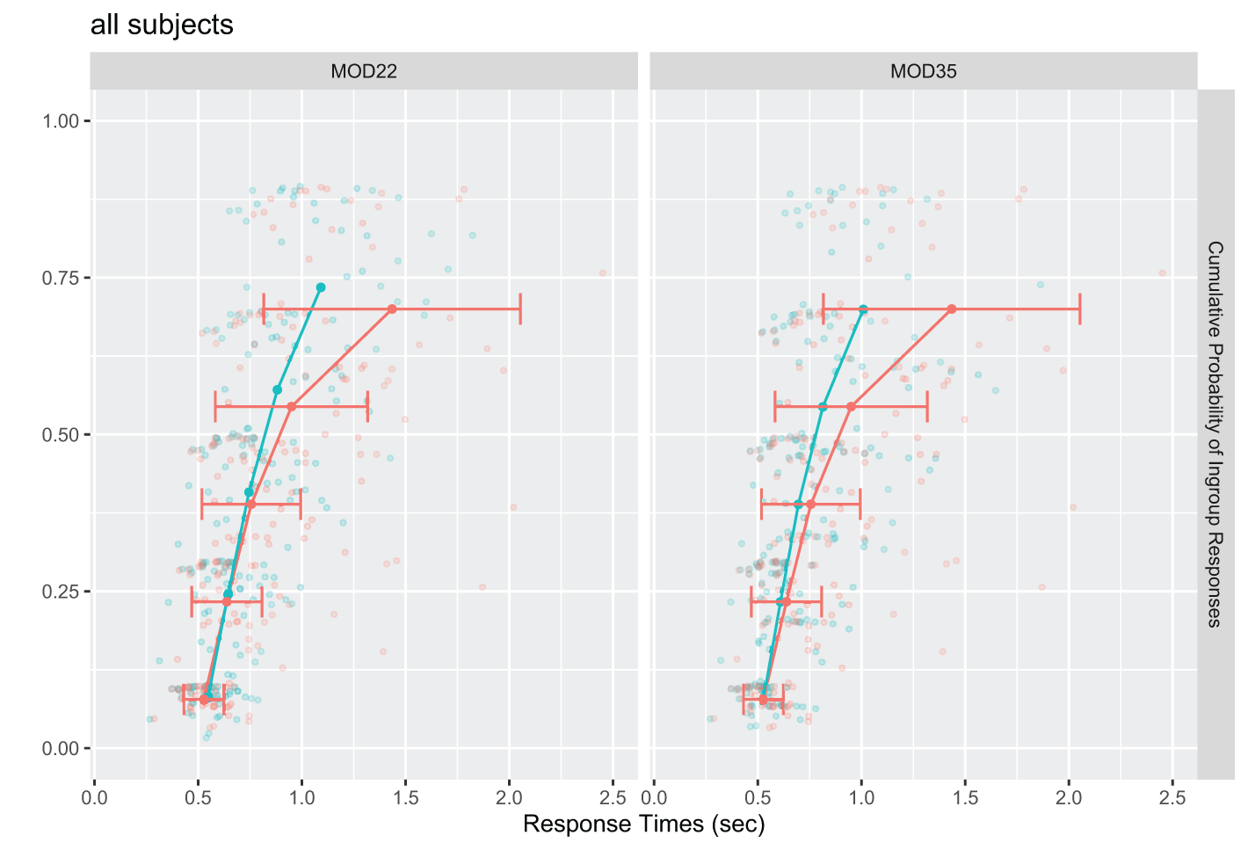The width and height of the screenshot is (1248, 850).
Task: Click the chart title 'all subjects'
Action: coord(162,25)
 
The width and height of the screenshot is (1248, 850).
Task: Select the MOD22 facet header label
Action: coord(364,71)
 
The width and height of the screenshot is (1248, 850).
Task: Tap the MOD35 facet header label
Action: coord(923,71)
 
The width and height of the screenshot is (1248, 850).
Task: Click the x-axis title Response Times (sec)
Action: coord(643,825)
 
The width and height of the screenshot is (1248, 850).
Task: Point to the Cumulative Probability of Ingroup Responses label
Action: coord(1215,434)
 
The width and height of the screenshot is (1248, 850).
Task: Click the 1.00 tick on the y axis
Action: coord(61,121)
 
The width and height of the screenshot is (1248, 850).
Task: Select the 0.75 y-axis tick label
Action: coord(61,278)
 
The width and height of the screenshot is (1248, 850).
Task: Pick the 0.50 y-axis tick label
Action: coord(61,435)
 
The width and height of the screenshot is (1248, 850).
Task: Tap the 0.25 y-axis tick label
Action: coord(61,592)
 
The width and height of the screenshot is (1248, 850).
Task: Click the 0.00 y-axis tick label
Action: coord(61,748)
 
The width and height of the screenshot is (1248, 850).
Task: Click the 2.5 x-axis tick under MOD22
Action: coord(613,798)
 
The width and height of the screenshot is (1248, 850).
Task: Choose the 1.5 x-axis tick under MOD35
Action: coord(965,798)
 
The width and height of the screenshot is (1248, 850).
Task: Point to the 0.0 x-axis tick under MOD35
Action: coord(654,798)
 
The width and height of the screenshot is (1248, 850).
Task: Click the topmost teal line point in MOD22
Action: coord(321,287)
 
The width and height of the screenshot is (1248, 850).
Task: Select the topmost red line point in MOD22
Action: coord(392,309)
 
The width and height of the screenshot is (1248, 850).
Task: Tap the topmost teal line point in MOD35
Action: coord(863,309)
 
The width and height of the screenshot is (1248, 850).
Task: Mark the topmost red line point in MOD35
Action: coord(952,309)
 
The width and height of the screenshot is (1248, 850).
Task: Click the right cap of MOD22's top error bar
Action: coord(520,309)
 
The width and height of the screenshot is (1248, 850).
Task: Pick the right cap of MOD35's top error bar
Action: coord(1079,309)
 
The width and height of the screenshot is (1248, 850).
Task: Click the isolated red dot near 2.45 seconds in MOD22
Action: coord(603,272)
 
